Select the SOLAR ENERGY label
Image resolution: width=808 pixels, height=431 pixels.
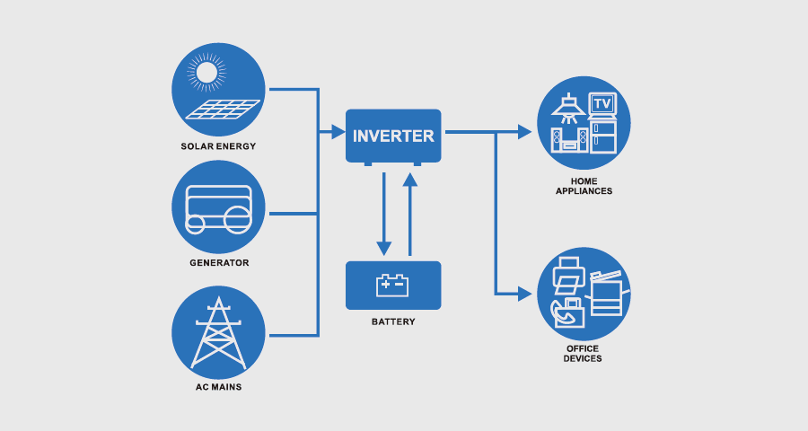tap(218, 146)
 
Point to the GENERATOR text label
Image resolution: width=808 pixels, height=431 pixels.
tap(218, 263)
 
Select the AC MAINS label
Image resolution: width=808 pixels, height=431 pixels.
tap(218, 387)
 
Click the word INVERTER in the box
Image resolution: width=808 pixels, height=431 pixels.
tap(393, 136)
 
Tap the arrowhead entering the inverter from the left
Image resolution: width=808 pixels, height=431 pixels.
tap(338, 133)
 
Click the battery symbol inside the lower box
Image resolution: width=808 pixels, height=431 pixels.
tap(393, 285)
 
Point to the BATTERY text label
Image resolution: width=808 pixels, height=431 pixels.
tap(393, 321)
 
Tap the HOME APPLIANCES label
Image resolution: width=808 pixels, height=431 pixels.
tap(584, 186)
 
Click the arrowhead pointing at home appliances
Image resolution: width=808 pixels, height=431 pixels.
tap(526, 133)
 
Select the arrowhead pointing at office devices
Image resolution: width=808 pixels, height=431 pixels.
tap(526, 294)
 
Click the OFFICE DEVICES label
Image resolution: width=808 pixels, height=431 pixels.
tap(584, 353)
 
